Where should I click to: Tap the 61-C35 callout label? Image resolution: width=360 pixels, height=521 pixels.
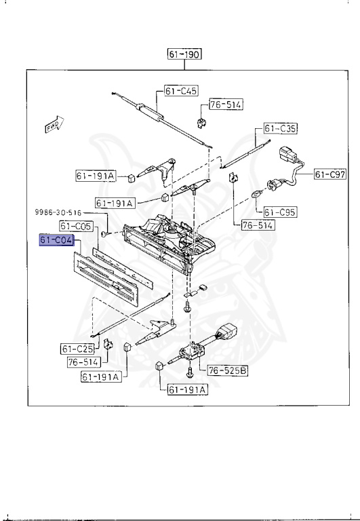click(280, 128)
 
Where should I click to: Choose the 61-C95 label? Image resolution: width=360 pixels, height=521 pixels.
click(280, 211)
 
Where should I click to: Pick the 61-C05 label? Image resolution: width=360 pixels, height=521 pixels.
click(76, 225)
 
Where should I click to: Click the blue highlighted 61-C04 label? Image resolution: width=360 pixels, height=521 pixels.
click(56, 240)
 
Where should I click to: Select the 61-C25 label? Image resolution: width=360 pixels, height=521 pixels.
click(76, 349)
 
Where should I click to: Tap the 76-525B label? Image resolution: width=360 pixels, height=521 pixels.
click(226, 370)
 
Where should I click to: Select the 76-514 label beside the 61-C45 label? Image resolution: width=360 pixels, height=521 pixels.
click(225, 104)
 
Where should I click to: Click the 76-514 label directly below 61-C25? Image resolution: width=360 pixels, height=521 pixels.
click(83, 362)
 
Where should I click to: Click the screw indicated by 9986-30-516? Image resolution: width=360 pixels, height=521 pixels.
click(104, 232)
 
